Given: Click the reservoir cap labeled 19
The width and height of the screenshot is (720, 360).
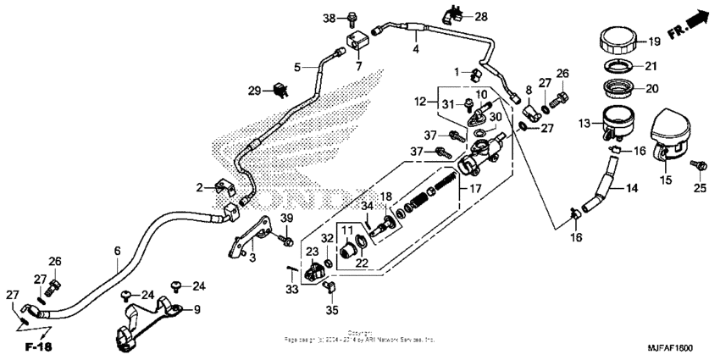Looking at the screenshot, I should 620,41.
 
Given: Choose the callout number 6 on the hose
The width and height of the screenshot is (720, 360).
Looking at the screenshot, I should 117,252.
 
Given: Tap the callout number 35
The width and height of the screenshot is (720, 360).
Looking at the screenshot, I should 332,311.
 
